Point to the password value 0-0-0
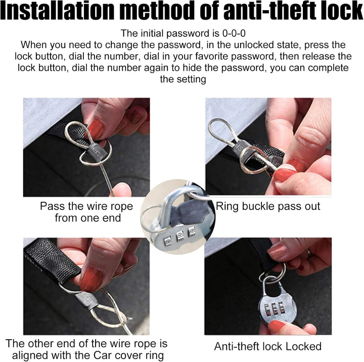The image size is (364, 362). (234, 33)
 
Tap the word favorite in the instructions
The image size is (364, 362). (207, 56)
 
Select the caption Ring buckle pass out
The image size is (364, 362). (268, 206)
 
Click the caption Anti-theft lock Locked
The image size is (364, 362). (267, 346)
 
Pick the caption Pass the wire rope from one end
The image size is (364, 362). (86, 212)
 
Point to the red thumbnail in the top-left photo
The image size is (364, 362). (97, 128)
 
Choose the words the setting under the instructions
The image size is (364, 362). (183, 79)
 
